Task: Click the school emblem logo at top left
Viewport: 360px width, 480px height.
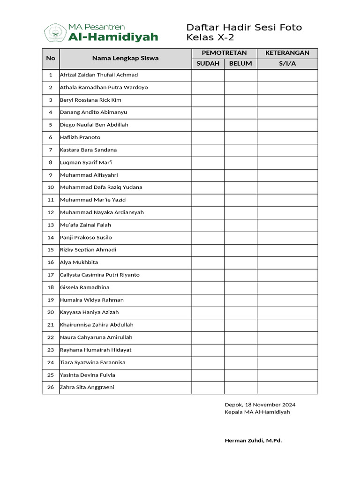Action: [54, 33]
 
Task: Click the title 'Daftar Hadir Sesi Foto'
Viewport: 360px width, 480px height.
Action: [244, 28]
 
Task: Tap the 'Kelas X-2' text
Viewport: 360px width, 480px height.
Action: [210, 38]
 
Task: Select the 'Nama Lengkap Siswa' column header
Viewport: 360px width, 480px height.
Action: [125, 58]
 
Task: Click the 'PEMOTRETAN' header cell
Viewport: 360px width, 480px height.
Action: [224, 53]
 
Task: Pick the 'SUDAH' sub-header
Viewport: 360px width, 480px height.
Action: [208, 64]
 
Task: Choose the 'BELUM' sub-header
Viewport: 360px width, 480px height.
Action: [240, 64]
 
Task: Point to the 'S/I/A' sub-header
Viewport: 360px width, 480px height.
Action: [287, 64]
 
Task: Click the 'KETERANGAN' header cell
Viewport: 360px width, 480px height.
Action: [287, 53]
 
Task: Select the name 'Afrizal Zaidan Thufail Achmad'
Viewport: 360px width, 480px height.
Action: [99, 75]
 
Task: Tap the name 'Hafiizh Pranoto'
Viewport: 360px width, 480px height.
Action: [80, 137]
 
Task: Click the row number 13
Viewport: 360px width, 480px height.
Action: [51, 225]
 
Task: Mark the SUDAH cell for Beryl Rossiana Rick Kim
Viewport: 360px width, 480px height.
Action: [208, 100]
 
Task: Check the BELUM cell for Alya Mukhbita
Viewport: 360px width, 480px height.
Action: [240, 262]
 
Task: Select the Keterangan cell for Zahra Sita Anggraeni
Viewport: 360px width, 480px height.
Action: [287, 387]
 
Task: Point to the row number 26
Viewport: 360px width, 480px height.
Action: [51, 387]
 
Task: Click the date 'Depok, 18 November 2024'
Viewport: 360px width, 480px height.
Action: [260, 405]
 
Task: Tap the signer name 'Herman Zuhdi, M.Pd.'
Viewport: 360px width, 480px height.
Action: [253, 441]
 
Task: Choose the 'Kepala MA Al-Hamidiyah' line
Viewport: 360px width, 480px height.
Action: [257, 412]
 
